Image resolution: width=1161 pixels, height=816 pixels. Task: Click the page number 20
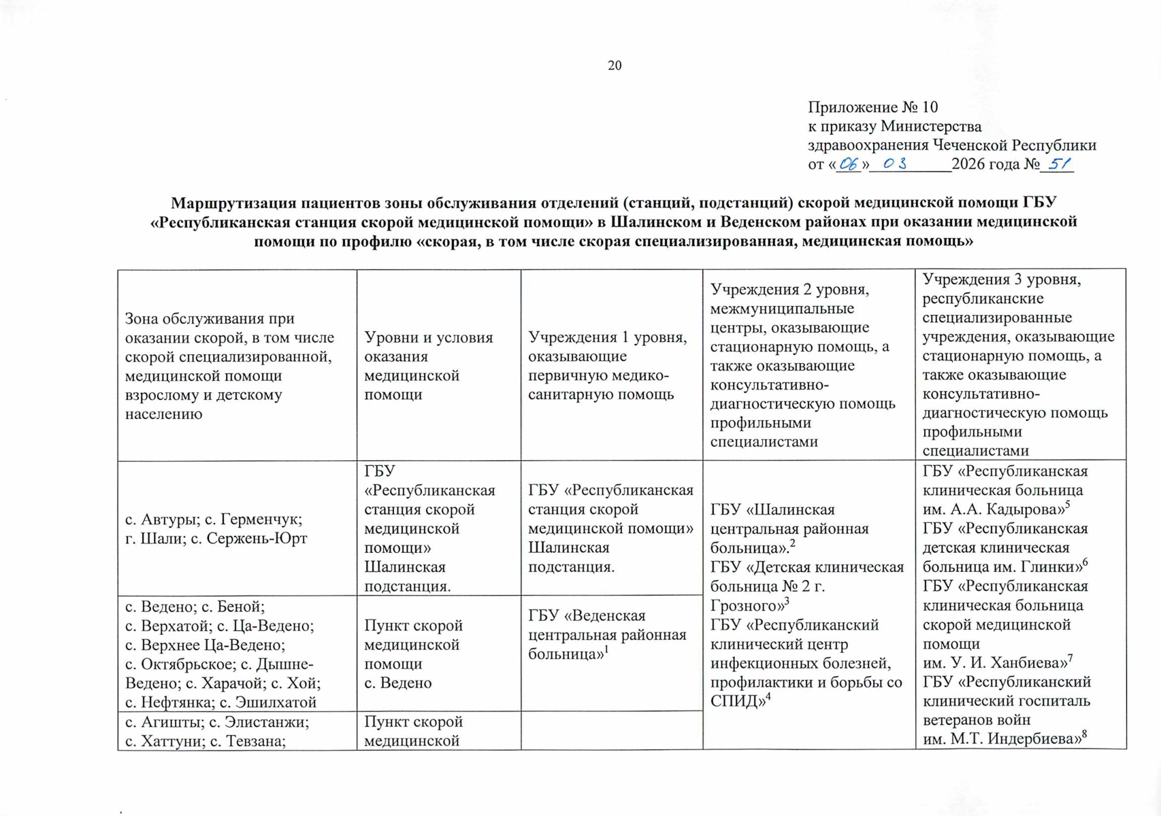(615, 65)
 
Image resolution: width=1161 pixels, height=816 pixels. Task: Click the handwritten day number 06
(849, 164)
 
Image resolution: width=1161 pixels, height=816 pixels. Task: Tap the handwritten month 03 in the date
(895, 164)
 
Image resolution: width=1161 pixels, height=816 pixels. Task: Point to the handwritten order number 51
(1060, 163)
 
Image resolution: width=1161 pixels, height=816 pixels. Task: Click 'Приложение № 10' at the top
(872, 107)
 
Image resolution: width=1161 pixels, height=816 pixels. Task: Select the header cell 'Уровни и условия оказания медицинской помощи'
(438, 366)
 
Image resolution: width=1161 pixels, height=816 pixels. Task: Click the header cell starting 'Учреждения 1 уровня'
(610, 366)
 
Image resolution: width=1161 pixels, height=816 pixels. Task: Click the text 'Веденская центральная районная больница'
(607, 634)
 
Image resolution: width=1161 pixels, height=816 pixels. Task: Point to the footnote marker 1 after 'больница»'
(606, 649)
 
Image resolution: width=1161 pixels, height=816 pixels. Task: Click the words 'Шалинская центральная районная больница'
(789, 528)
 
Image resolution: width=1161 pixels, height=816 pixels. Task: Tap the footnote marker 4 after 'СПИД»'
(768, 696)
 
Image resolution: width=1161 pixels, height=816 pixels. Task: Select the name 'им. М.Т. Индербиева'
(1001, 738)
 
